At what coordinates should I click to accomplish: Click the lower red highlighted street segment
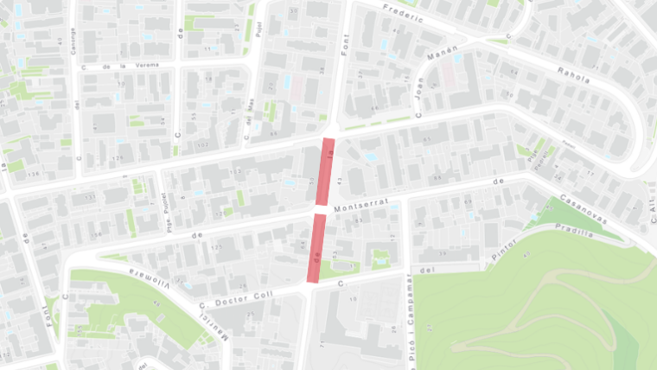pos(317,248)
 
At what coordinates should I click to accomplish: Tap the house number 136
pos(35,175)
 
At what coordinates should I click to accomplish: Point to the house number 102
pos(203,145)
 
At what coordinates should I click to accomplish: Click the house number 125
pos(217,247)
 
